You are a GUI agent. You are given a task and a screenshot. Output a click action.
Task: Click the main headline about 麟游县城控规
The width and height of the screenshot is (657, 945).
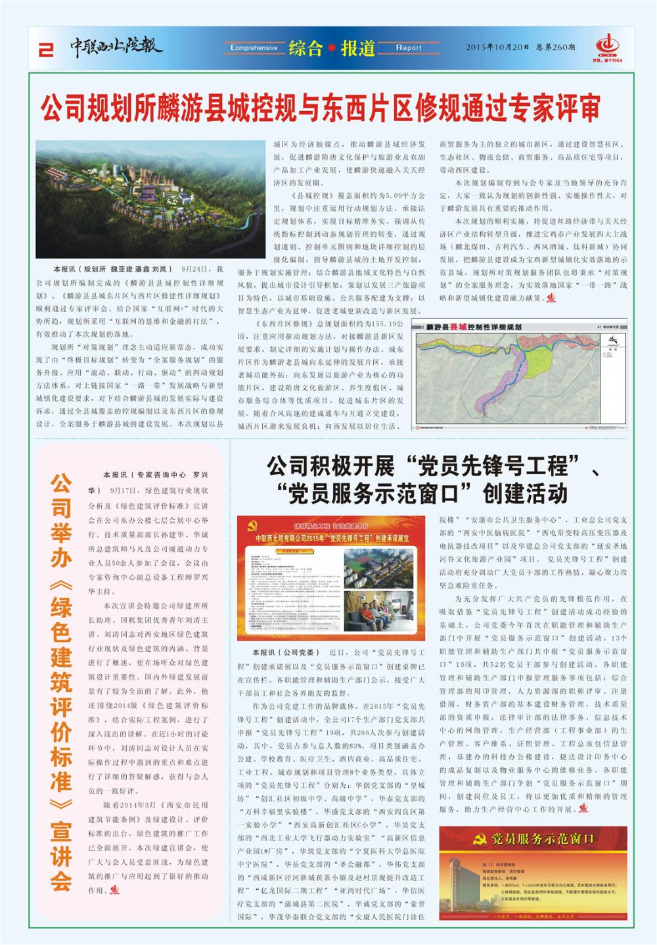321,108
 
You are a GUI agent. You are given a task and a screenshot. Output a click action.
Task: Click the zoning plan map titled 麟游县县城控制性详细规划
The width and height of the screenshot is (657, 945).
518,376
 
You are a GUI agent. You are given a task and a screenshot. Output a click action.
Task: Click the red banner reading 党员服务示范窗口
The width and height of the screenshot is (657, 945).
533,839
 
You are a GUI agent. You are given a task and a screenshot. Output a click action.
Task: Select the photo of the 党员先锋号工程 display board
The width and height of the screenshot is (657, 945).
332,578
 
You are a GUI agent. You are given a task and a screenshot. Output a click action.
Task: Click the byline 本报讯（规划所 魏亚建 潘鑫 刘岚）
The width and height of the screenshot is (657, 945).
112,269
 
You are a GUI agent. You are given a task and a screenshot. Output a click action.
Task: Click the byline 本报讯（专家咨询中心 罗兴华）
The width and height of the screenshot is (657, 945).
155,474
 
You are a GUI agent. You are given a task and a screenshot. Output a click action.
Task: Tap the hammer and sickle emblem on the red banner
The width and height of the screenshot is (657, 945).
480,840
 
